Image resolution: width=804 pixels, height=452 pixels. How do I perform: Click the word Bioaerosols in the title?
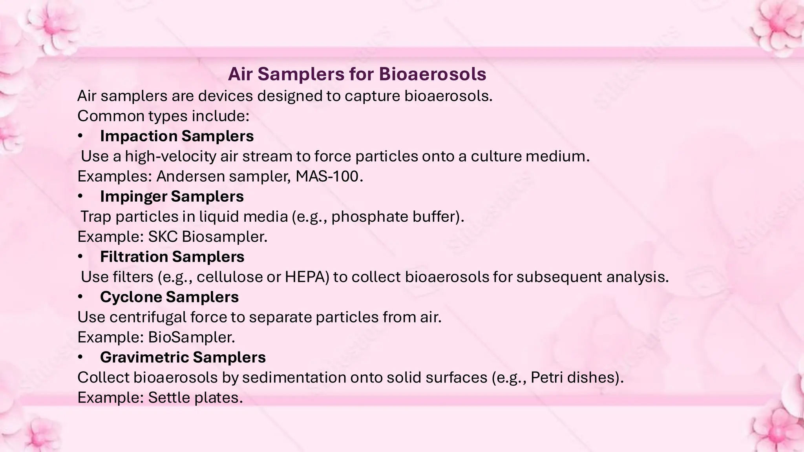point(432,74)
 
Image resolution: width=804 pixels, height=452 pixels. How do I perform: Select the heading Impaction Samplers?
point(177,136)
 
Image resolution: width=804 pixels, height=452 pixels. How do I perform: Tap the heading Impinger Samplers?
point(172,197)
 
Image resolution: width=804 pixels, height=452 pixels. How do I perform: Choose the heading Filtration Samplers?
point(172,257)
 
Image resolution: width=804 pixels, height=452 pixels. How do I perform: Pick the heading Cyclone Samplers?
point(169,297)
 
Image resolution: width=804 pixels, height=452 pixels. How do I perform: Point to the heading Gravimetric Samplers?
point(183,357)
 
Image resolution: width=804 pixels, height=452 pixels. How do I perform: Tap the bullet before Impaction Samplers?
point(80,136)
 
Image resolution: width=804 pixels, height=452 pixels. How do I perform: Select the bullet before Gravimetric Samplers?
point(80,357)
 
